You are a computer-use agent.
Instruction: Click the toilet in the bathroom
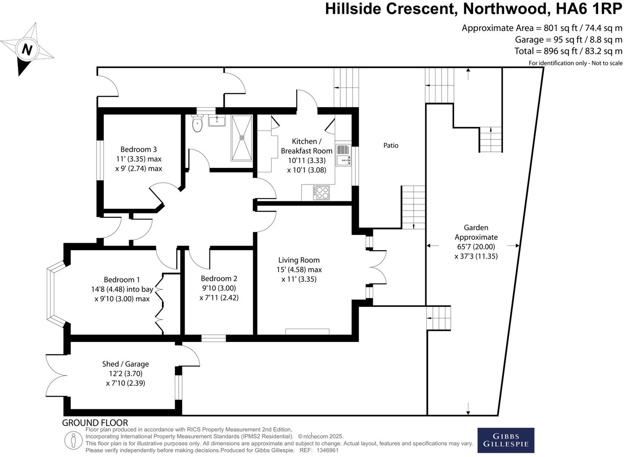click(197, 123)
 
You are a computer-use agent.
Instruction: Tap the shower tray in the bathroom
click(242, 138)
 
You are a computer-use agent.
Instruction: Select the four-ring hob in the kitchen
click(321, 193)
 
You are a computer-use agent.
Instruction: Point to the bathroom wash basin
click(216, 121)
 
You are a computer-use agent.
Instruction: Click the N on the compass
click(27, 50)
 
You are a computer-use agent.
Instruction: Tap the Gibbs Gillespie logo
click(506, 440)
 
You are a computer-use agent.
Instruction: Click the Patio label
click(391, 146)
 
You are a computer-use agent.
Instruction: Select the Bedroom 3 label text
click(139, 149)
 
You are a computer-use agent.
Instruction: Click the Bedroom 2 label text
click(219, 279)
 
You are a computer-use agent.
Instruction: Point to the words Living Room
click(299, 260)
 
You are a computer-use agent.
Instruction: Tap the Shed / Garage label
click(126, 364)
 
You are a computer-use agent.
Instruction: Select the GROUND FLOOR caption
click(95, 423)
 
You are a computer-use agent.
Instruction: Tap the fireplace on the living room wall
click(307, 332)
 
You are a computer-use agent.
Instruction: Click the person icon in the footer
click(73, 440)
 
